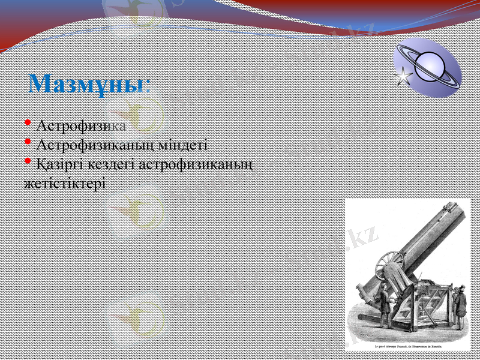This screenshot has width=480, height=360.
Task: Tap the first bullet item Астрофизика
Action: point(81,127)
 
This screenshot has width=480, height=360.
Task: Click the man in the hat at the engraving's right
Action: point(459,306)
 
